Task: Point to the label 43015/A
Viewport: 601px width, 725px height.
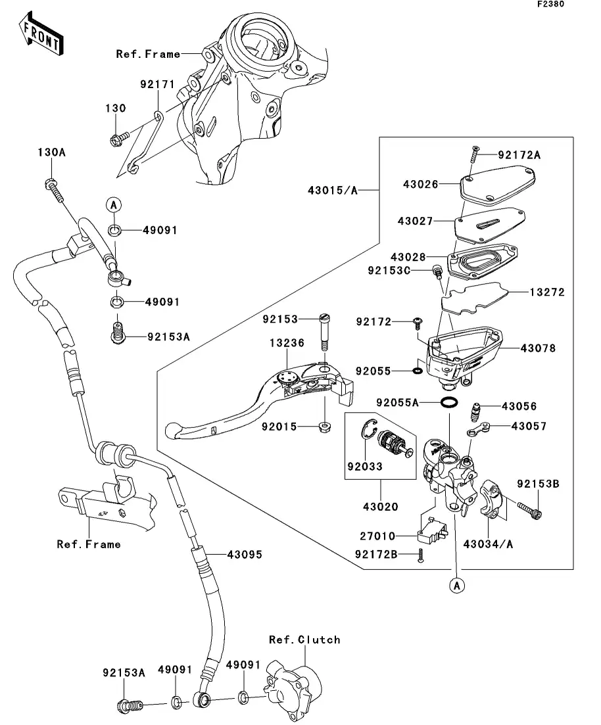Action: click(333, 191)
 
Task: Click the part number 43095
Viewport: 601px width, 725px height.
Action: click(245, 555)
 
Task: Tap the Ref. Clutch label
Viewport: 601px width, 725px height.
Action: click(304, 640)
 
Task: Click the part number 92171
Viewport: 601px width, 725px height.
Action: click(156, 85)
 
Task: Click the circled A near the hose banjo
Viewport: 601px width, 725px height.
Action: click(113, 205)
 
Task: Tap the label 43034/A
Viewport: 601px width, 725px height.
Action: click(488, 544)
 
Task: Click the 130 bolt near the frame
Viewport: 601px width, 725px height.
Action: click(116, 139)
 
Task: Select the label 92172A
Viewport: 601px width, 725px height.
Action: click(519, 155)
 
